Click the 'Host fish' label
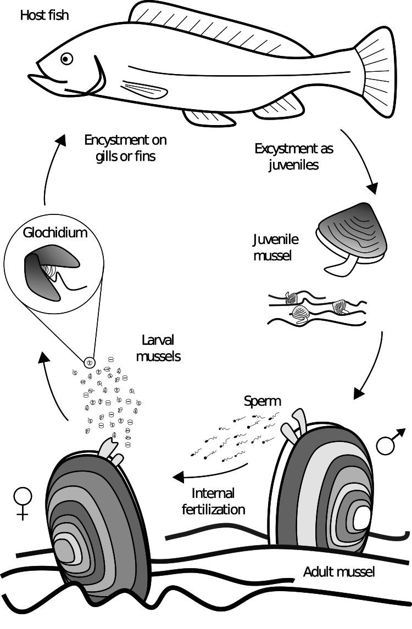(x=44, y=15)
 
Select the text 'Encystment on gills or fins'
(x=125, y=148)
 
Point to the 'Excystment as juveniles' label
(x=294, y=156)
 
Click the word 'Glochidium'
(x=55, y=233)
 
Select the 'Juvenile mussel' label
(x=275, y=247)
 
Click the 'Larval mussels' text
(x=158, y=349)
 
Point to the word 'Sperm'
(x=262, y=401)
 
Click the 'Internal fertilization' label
(x=213, y=501)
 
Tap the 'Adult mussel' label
(x=339, y=572)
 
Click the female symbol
(x=23, y=502)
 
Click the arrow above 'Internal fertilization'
(x=209, y=472)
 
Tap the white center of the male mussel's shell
(x=362, y=518)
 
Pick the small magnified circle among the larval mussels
(x=90, y=362)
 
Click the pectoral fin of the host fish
(x=141, y=89)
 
